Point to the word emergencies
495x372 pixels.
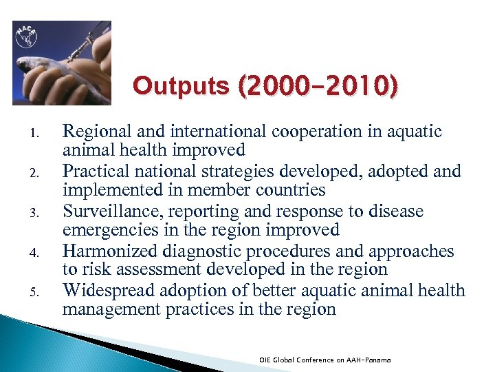[x=105, y=230]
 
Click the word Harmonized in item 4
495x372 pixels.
[x=103, y=251]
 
